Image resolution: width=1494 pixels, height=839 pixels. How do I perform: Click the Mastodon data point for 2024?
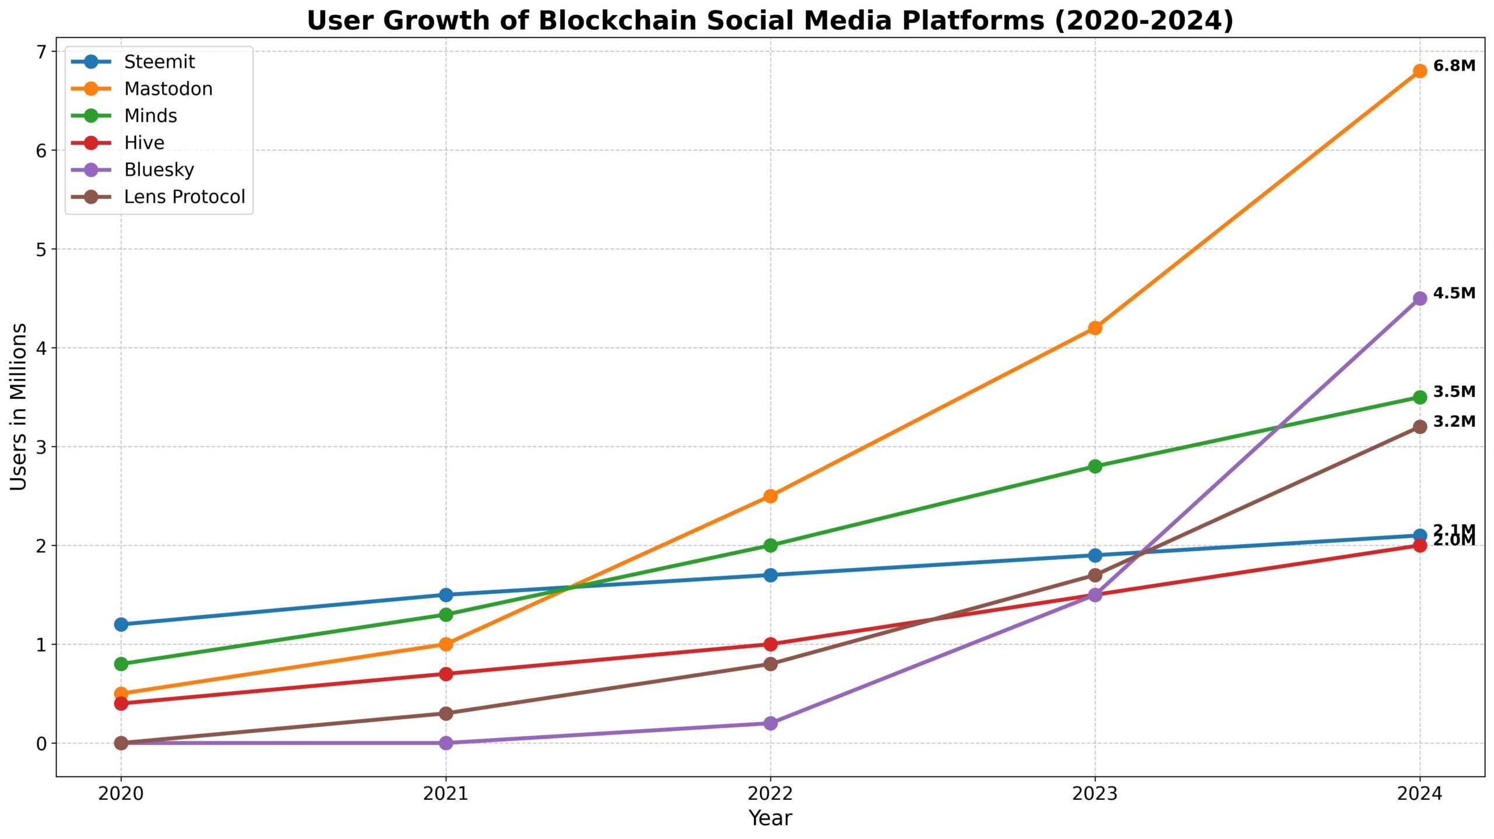click(1419, 71)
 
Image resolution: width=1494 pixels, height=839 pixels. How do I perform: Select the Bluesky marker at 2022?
click(770, 723)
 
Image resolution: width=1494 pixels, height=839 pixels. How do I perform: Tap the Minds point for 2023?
click(1095, 466)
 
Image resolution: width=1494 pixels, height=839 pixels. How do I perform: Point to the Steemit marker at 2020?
click(121, 624)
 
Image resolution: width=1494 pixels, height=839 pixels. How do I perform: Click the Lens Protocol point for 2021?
click(446, 713)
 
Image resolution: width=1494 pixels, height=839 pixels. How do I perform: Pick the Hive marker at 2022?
click(770, 644)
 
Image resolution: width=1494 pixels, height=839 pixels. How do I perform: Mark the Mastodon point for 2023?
click(1095, 328)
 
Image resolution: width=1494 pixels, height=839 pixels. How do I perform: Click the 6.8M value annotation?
click(1454, 66)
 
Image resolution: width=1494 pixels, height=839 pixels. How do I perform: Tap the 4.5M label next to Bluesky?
click(1454, 293)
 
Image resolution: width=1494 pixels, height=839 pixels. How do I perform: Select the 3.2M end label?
click(1454, 422)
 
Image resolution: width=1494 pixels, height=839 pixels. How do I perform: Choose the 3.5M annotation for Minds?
click(1454, 392)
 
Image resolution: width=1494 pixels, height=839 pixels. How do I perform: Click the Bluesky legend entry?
click(159, 170)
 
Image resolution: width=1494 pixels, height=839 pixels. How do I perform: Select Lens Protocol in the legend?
click(184, 197)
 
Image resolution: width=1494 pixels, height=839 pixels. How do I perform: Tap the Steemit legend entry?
click(159, 62)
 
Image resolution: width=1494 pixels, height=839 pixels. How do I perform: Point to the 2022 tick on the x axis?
click(770, 793)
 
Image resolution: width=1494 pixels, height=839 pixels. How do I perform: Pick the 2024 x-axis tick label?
click(1419, 793)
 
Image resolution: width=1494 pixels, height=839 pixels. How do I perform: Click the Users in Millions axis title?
click(19, 407)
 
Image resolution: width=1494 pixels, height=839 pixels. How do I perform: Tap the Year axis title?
click(770, 818)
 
